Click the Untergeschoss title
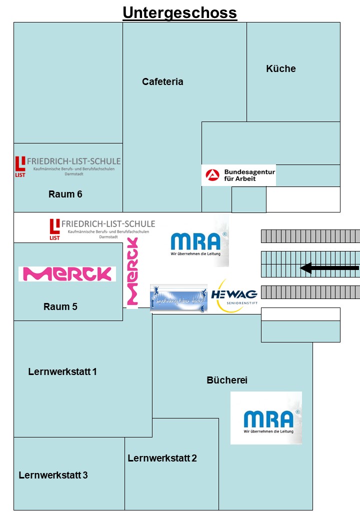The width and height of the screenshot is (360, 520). click(x=179, y=12)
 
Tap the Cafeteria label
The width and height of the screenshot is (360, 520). click(x=162, y=81)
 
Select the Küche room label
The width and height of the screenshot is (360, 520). click(x=280, y=69)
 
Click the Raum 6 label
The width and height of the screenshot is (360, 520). click(x=65, y=194)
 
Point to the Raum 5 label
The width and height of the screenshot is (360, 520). click(x=60, y=306)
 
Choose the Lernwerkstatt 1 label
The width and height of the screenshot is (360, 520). click(x=62, y=371)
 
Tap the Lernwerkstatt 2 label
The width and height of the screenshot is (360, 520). click(x=162, y=458)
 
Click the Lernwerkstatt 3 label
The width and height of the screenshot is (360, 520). click(x=53, y=475)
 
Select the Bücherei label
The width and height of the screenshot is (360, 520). click(x=227, y=380)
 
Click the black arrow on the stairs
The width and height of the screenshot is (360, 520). click(x=329, y=268)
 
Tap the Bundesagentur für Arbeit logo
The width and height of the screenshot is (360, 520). click(x=238, y=175)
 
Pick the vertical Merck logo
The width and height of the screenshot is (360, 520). click(x=132, y=272)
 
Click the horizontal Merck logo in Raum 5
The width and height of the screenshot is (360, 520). click(x=67, y=274)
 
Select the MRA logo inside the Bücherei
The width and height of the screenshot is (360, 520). click(x=266, y=418)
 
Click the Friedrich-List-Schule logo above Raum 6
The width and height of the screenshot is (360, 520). click(x=67, y=165)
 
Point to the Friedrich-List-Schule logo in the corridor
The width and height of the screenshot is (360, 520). click(x=102, y=229)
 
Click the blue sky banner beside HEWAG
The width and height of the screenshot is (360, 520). click(x=178, y=298)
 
